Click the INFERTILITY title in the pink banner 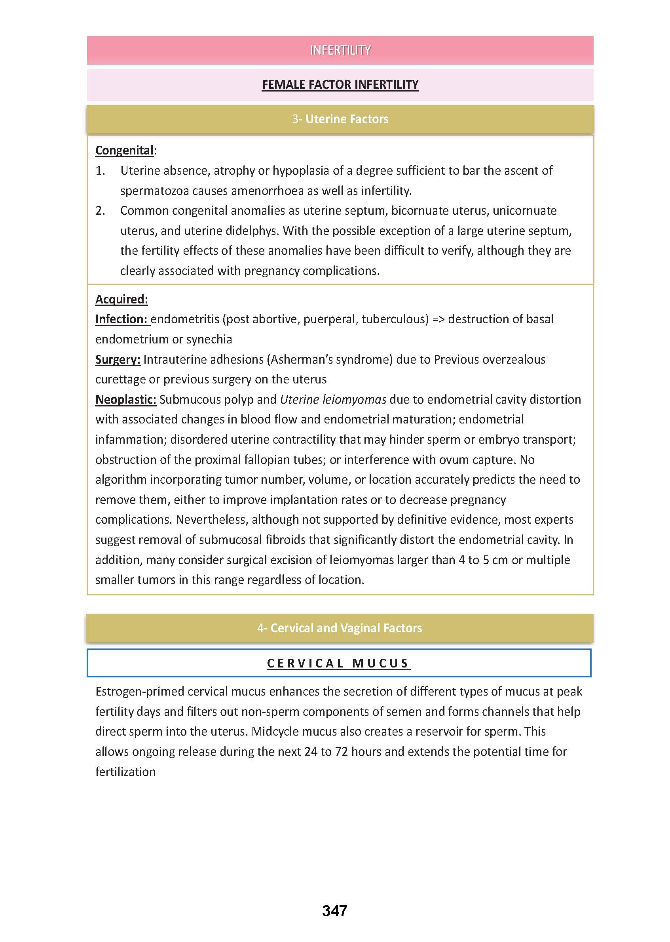click(x=340, y=50)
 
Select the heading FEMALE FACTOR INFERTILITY click(x=340, y=85)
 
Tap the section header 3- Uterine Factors click(x=340, y=119)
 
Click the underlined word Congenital click(x=124, y=150)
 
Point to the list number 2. click(x=100, y=211)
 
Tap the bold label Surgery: click(x=118, y=359)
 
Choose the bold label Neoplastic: click(x=125, y=399)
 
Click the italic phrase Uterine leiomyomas click(x=333, y=399)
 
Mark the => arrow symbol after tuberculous click(x=438, y=319)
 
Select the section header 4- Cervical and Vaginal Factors click(x=339, y=628)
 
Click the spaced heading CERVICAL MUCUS click(x=338, y=663)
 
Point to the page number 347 click(x=334, y=911)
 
